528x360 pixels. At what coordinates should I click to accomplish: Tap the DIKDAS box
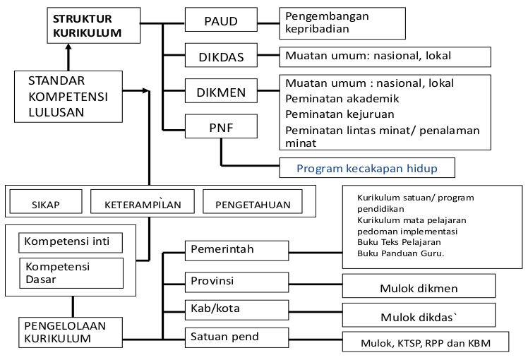click(221, 55)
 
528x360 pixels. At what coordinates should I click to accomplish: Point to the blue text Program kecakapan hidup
click(367, 168)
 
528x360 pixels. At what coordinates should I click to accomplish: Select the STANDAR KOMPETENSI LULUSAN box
click(67, 95)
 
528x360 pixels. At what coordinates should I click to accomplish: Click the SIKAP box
click(45, 203)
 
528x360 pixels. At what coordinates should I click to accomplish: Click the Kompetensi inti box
click(71, 242)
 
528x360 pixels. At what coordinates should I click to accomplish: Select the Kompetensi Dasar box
click(71, 272)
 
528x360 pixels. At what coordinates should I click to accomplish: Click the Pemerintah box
click(236, 250)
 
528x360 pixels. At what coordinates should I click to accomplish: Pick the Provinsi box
click(236, 281)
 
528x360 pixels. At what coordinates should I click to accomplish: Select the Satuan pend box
click(236, 337)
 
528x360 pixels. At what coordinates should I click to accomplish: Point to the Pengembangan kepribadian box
click(342, 23)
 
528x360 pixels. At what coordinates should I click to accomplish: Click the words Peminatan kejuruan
click(339, 114)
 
